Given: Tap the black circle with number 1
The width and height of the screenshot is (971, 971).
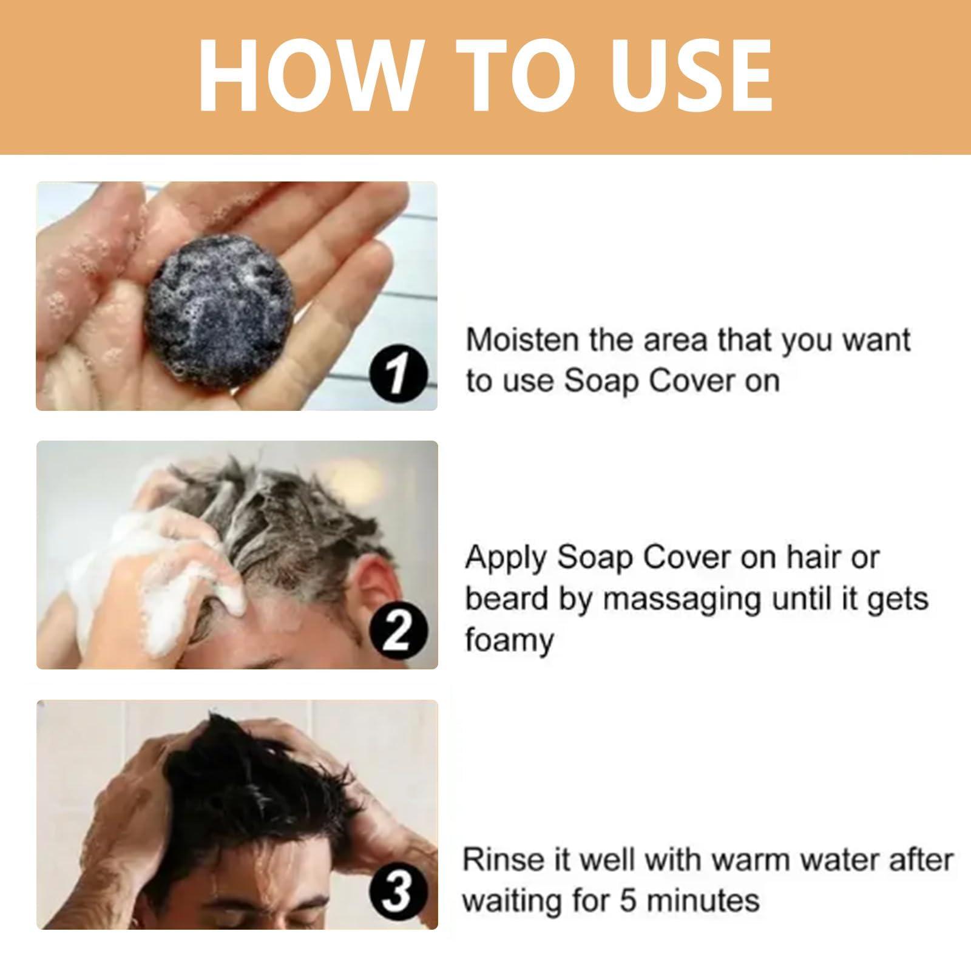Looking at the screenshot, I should click(397, 376).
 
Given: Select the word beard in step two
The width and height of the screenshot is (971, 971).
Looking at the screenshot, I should click(509, 598).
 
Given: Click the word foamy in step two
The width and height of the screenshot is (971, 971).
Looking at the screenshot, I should click(509, 641).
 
